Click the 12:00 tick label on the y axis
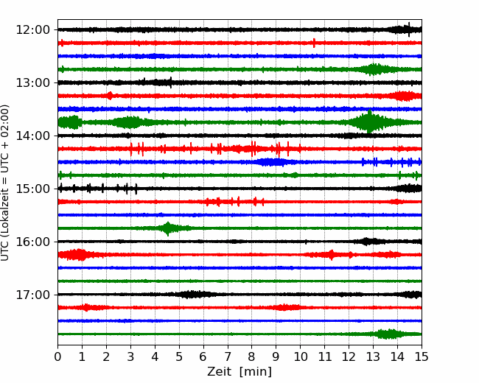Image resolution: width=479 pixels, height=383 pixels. tap(32, 30)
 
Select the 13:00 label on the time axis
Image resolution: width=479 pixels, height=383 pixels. tap(32, 82)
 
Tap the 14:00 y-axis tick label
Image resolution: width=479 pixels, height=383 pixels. tap(32, 136)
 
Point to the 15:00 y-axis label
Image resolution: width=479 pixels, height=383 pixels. tap(32, 189)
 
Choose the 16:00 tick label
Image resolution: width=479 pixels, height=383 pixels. tap(32, 242)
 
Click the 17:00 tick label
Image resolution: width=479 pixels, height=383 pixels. tap(32, 295)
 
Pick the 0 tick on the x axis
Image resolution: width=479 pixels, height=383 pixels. tap(57, 356)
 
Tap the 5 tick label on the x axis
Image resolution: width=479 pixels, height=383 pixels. tap(179, 356)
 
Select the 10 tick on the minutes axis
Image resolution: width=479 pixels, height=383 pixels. tap(300, 356)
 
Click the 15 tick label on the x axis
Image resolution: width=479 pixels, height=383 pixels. tap(422, 356)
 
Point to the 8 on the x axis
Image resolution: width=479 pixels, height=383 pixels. tap(252, 356)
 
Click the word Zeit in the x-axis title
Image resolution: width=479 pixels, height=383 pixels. tap(218, 371)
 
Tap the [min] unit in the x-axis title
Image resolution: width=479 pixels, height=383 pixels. tap(256, 372)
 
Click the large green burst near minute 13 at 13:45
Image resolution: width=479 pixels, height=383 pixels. tap(370, 122)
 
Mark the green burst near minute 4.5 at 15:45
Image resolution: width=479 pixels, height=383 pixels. tap(168, 228)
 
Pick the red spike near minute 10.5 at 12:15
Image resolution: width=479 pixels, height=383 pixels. tap(314, 43)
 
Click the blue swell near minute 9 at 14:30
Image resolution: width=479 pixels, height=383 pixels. tap(272, 162)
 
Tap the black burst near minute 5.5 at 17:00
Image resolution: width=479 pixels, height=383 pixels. tap(192, 295)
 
